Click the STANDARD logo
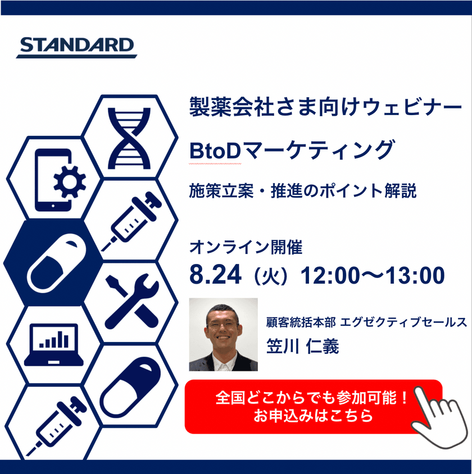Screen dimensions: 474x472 click(x=76, y=47)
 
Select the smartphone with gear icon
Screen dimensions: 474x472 click(x=60, y=179)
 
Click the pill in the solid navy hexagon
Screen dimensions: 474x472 click(x=55, y=262)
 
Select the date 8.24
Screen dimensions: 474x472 click(x=216, y=275)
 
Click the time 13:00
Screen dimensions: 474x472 click(x=413, y=275)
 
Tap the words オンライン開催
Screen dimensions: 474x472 click(x=246, y=247)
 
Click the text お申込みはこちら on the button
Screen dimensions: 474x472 click(x=313, y=417)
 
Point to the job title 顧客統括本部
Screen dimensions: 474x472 click(x=301, y=322)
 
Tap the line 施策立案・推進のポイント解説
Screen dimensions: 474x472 click(x=303, y=191)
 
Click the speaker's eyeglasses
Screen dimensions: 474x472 click(x=223, y=323)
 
